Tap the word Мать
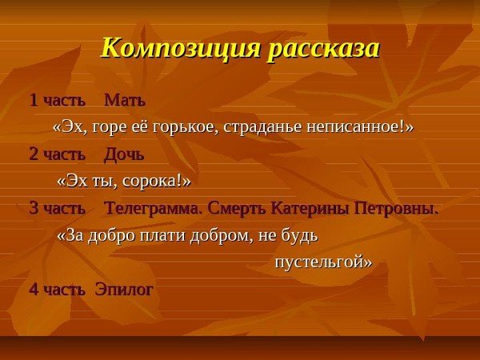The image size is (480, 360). [x=126, y=102]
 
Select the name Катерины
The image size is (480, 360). [x=309, y=209]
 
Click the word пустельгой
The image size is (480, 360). [x=323, y=262]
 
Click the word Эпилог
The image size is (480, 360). [x=124, y=289]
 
